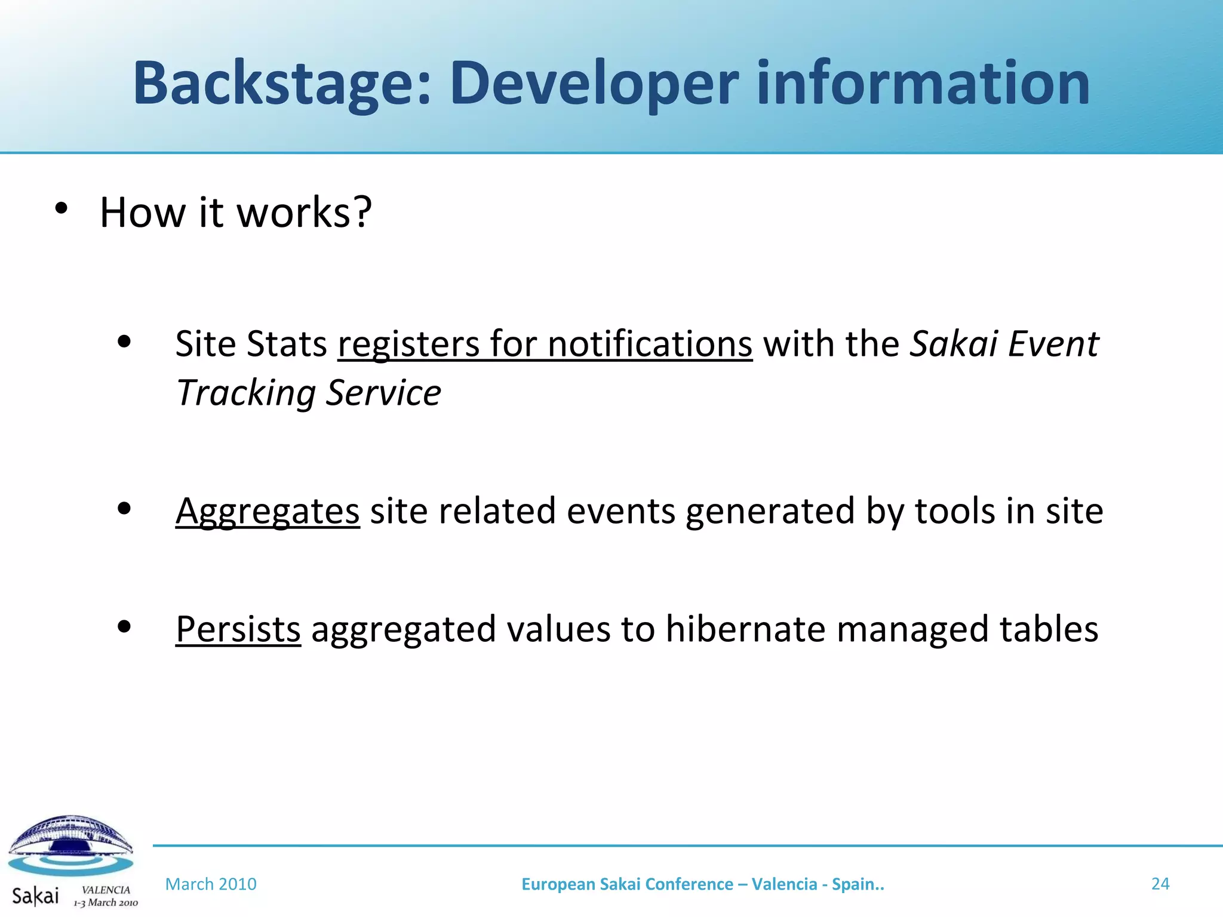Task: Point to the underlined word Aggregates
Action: coord(268,512)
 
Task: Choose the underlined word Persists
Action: coord(238,629)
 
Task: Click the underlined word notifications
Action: coord(650,344)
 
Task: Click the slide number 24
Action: coord(1160,884)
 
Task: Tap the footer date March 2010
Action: coord(211,884)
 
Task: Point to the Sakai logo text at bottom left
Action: coord(35,896)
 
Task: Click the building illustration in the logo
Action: coord(70,836)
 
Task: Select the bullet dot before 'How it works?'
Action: coord(61,208)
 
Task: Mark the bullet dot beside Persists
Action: coord(124,627)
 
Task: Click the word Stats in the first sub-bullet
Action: coord(287,344)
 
